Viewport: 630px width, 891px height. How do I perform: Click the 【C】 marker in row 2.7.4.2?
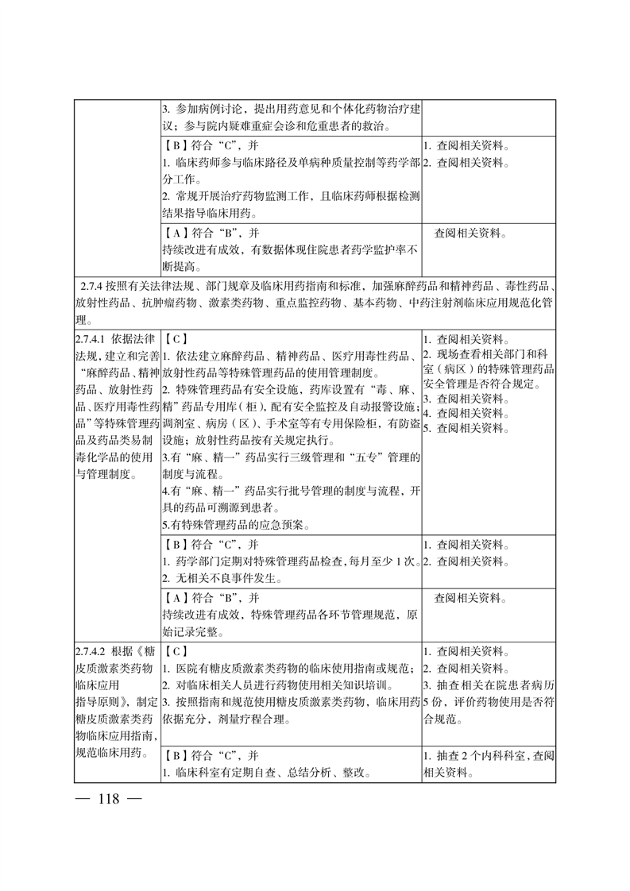coord(175,650)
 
